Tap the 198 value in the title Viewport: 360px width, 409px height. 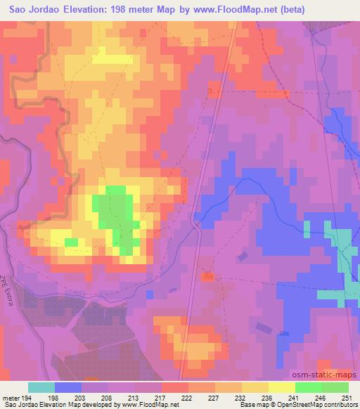tap(138, 11)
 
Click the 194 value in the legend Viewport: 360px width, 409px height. tap(27, 397)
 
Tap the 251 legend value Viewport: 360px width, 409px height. tap(347, 397)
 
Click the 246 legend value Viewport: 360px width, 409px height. tap(321, 397)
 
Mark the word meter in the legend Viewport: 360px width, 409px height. tap(10, 397)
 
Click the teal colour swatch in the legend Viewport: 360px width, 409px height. tap(41, 387)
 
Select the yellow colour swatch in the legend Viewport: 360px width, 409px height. tap(281, 387)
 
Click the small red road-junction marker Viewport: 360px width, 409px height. tap(207, 278)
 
